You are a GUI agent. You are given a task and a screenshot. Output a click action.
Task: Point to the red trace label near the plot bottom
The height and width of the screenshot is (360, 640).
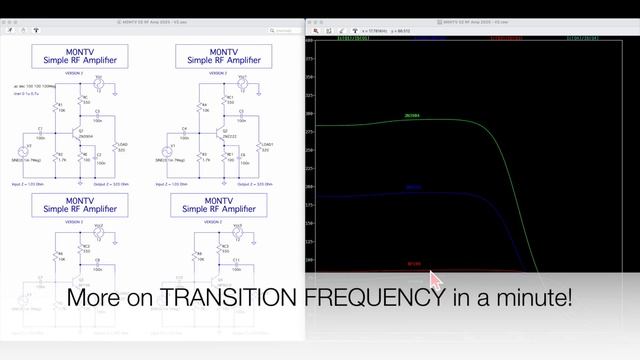414,265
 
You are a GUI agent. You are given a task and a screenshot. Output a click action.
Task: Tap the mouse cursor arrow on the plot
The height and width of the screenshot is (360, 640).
434,278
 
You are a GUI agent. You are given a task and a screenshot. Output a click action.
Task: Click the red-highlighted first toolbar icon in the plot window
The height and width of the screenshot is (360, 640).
316,31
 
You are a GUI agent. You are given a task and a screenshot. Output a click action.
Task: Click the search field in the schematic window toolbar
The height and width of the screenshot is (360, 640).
285,31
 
